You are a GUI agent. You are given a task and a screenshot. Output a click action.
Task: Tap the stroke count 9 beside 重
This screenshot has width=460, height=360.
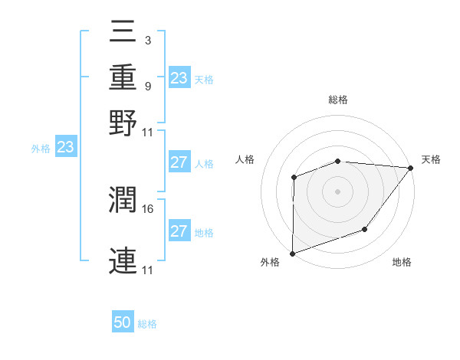pyautogui.click(x=147, y=87)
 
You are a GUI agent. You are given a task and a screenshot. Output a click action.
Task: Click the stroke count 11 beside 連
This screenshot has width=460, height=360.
pyautogui.click(x=148, y=270)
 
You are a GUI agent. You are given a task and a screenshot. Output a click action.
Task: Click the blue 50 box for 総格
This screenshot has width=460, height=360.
pyautogui.click(x=123, y=322)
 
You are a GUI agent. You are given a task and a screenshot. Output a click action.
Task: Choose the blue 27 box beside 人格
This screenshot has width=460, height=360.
pyautogui.click(x=179, y=162)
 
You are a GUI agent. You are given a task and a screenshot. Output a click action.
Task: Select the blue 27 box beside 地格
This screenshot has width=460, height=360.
pyautogui.click(x=179, y=231)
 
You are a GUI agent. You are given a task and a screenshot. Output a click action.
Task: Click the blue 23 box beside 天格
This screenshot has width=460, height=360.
pyautogui.click(x=179, y=77)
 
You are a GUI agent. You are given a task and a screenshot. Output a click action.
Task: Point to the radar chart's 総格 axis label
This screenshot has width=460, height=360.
pyautogui.click(x=338, y=100)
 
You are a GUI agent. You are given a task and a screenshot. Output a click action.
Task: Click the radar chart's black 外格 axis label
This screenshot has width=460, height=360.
pyautogui.click(x=270, y=262)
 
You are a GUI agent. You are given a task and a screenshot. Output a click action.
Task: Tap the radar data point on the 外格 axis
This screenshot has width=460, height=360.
pyautogui.click(x=292, y=253)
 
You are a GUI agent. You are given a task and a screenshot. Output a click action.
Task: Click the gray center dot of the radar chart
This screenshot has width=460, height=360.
pyautogui.click(x=337, y=191)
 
